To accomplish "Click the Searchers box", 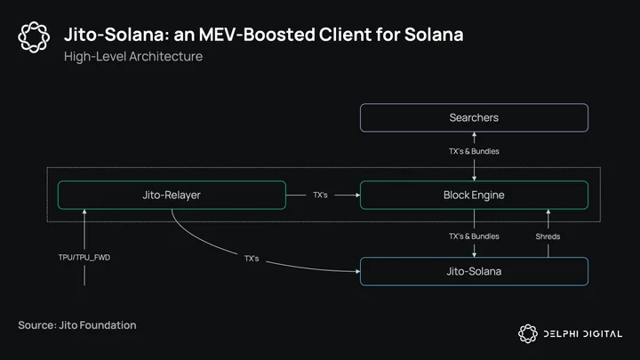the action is point(474,117).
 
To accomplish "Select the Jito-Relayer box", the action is point(172,195).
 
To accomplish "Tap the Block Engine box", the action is point(474,195).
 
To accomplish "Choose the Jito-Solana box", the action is point(474,271).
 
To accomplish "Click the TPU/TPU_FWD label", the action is point(84,258).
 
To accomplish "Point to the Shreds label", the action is point(548,236).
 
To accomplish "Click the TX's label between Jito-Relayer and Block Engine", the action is point(320,195).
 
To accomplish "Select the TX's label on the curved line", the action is point(252,259).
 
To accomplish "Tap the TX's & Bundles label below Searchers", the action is point(474,151).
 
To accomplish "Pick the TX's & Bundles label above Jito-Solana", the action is point(474,236).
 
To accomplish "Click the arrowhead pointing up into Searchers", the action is point(474,134).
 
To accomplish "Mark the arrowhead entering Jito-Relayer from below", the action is point(84,212).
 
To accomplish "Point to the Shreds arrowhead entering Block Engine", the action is point(548,212).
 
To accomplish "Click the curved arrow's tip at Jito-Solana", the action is point(358,271).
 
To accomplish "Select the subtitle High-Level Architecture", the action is point(133,56).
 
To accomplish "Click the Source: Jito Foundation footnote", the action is point(77,325).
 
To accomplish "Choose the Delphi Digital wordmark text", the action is point(583,334).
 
